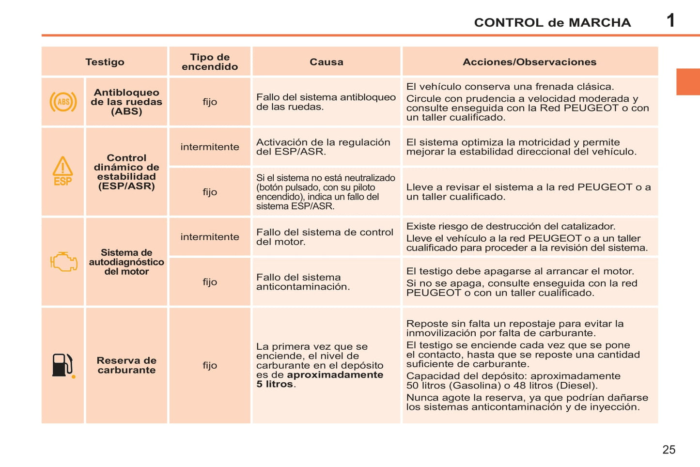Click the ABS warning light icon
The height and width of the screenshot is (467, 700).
click(63, 102)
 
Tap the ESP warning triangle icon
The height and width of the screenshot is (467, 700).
click(62, 171)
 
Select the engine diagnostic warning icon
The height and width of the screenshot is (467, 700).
click(63, 262)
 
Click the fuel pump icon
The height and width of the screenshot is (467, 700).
click(63, 365)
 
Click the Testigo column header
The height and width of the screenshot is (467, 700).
click(105, 62)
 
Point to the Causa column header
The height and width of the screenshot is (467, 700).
click(326, 62)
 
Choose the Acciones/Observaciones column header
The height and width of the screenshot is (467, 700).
click(529, 62)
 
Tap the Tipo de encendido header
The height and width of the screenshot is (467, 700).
click(210, 62)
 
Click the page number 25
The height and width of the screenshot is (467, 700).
click(669, 450)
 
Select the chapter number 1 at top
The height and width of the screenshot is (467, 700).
click(670, 21)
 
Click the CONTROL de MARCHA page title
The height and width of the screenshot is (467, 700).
click(552, 23)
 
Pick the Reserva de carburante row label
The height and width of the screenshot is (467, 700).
click(126, 365)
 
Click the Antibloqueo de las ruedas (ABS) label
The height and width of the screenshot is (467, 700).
click(126, 102)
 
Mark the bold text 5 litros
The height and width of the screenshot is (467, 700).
click(275, 384)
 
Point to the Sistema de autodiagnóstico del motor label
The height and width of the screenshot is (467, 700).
click(126, 262)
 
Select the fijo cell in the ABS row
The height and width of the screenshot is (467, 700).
click(210, 102)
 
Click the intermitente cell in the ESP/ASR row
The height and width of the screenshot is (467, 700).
click(210, 147)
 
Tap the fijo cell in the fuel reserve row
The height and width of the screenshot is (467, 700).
click(210, 365)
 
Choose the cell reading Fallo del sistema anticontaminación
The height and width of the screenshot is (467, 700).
click(303, 282)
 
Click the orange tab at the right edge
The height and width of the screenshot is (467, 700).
click(688, 82)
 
